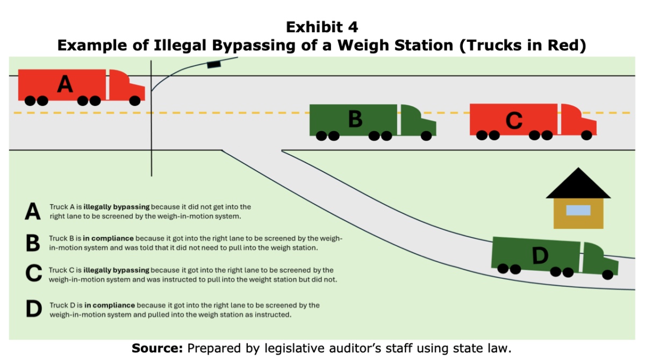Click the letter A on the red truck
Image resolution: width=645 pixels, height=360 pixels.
(x=65, y=84)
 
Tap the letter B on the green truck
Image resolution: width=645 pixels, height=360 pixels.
(x=355, y=119)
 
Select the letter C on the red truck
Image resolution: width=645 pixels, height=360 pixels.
(x=514, y=120)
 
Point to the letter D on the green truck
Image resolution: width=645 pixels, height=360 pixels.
(x=540, y=255)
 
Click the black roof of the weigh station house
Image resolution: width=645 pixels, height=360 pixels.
(x=578, y=184)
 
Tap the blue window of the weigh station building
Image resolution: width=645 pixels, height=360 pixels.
(x=578, y=211)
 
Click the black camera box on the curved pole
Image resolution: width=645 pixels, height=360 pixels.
(x=214, y=64)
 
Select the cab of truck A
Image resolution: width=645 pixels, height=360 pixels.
(x=127, y=85)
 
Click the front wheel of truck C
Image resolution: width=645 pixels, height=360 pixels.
(x=586, y=135)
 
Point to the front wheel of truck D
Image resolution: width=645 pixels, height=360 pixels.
(x=607, y=275)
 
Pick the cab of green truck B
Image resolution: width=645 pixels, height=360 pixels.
(x=418, y=120)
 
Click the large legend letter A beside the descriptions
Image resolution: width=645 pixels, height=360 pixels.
(x=33, y=212)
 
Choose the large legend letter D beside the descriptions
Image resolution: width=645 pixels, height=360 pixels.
(x=34, y=309)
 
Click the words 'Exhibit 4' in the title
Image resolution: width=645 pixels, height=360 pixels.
(x=322, y=27)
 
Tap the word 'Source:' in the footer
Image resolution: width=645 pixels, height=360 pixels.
(x=157, y=348)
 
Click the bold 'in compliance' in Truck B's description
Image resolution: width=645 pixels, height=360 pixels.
(x=108, y=239)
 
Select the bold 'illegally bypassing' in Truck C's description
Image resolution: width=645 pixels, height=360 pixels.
(x=116, y=270)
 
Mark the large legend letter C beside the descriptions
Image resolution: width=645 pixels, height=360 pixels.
(x=34, y=273)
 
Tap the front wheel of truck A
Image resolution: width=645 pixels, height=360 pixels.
(x=135, y=100)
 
